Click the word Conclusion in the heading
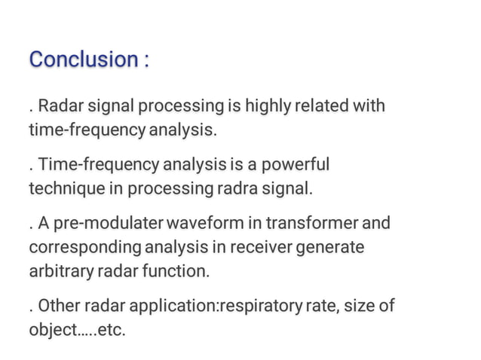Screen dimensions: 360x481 (x=81, y=59)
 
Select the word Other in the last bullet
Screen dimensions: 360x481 (x=55, y=307)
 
